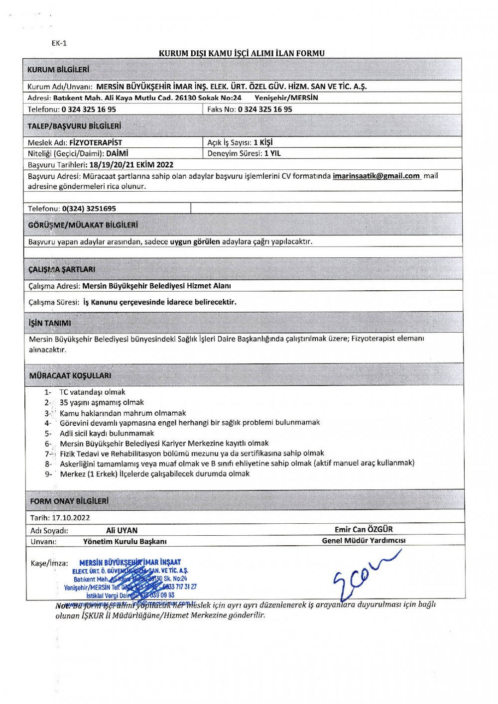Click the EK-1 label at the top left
click(59, 43)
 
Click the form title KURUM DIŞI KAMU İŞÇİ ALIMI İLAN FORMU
click(242, 53)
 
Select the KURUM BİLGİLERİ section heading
click(58, 70)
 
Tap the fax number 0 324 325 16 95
click(265, 109)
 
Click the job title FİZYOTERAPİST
click(96, 142)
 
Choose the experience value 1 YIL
click(272, 153)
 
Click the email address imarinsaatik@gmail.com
click(376, 176)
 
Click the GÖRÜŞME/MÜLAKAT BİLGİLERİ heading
click(83, 225)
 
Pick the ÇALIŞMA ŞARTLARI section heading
click(62, 269)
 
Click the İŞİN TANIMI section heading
click(50, 323)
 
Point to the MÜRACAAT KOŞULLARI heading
click(70, 375)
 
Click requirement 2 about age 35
click(102, 402)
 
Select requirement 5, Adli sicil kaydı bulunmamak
click(107, 433)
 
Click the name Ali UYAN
click(122, 530)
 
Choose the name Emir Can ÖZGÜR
click(364, 529)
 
